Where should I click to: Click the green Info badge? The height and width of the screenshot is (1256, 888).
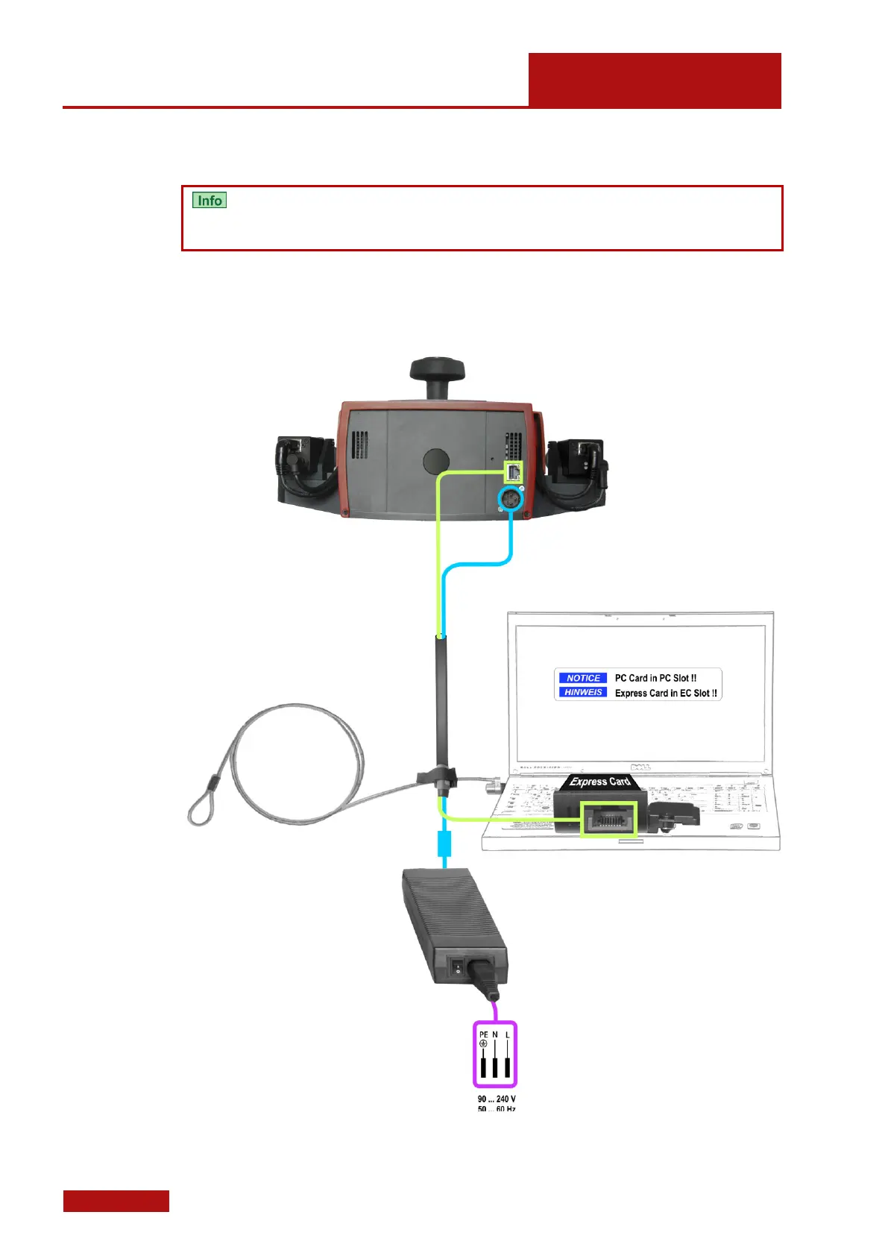coord(210,201)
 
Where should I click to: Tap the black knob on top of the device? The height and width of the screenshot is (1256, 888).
coord(437,370)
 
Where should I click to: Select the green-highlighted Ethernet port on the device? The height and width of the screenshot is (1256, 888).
coord(514,471)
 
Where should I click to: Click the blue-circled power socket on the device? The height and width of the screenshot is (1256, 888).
coord(511,498)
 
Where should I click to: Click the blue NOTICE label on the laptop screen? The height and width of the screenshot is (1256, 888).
coord(583,678)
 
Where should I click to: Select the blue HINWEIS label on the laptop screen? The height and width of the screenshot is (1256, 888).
coord(583,692)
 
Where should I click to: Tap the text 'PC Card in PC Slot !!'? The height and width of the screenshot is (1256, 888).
coord(655,678)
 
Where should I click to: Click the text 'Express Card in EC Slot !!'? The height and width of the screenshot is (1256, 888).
coord(666,693)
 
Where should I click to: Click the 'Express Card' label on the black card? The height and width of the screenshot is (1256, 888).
coord(599,782)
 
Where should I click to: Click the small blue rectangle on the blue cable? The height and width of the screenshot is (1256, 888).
coord(444,845)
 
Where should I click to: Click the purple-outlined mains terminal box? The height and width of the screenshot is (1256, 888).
coord(495,1055)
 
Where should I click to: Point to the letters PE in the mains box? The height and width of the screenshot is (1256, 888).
coord(483,1034)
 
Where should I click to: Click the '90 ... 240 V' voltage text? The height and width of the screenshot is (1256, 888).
coord(497,1099)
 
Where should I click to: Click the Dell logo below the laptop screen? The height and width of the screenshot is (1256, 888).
coord(640,767)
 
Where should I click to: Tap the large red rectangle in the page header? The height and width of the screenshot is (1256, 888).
coord(655,81)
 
